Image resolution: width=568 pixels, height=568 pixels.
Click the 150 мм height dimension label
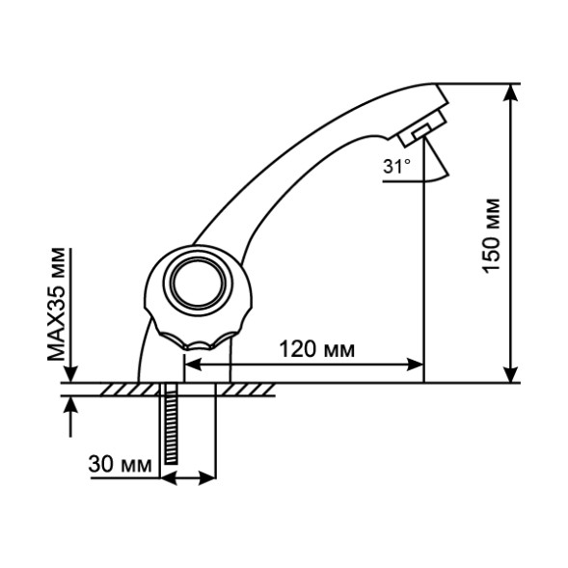(x=493, y=235)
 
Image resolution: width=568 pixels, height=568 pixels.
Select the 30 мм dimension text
(x=120, y=465)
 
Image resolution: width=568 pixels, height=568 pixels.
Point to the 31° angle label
(x=395, y=167)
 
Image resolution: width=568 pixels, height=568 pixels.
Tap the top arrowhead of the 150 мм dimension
(x=510, y=94)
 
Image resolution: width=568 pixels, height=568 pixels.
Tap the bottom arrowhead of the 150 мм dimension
(x=510, y=372)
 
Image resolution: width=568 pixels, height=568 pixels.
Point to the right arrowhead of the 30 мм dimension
(x=206, y=476)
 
